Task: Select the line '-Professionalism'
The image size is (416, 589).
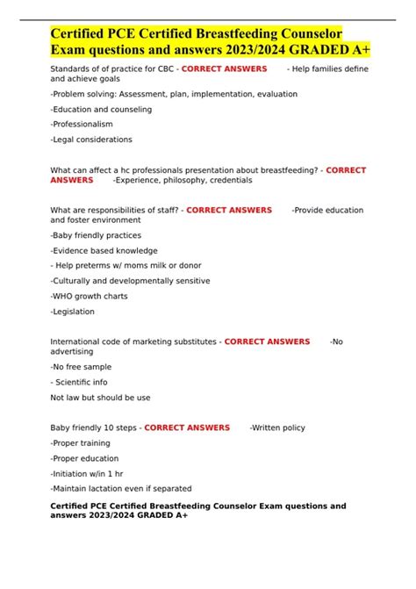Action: (x=82, y=125)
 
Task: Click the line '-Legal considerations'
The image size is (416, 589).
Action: (x=91, y=140)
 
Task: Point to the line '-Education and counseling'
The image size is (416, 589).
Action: (x=101, y=110)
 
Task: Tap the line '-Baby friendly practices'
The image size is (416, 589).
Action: (x=96, y=235)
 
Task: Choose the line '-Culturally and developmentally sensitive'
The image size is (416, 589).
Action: (x=130, y=281)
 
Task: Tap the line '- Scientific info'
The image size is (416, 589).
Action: (x=79, y=382)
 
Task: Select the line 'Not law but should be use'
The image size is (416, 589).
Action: (x=100, y=397)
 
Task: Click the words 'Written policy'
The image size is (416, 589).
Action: (x=279, y=427)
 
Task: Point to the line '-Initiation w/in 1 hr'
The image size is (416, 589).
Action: (x=90, y=473)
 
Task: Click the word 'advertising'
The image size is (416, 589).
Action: (x=72, y=351)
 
